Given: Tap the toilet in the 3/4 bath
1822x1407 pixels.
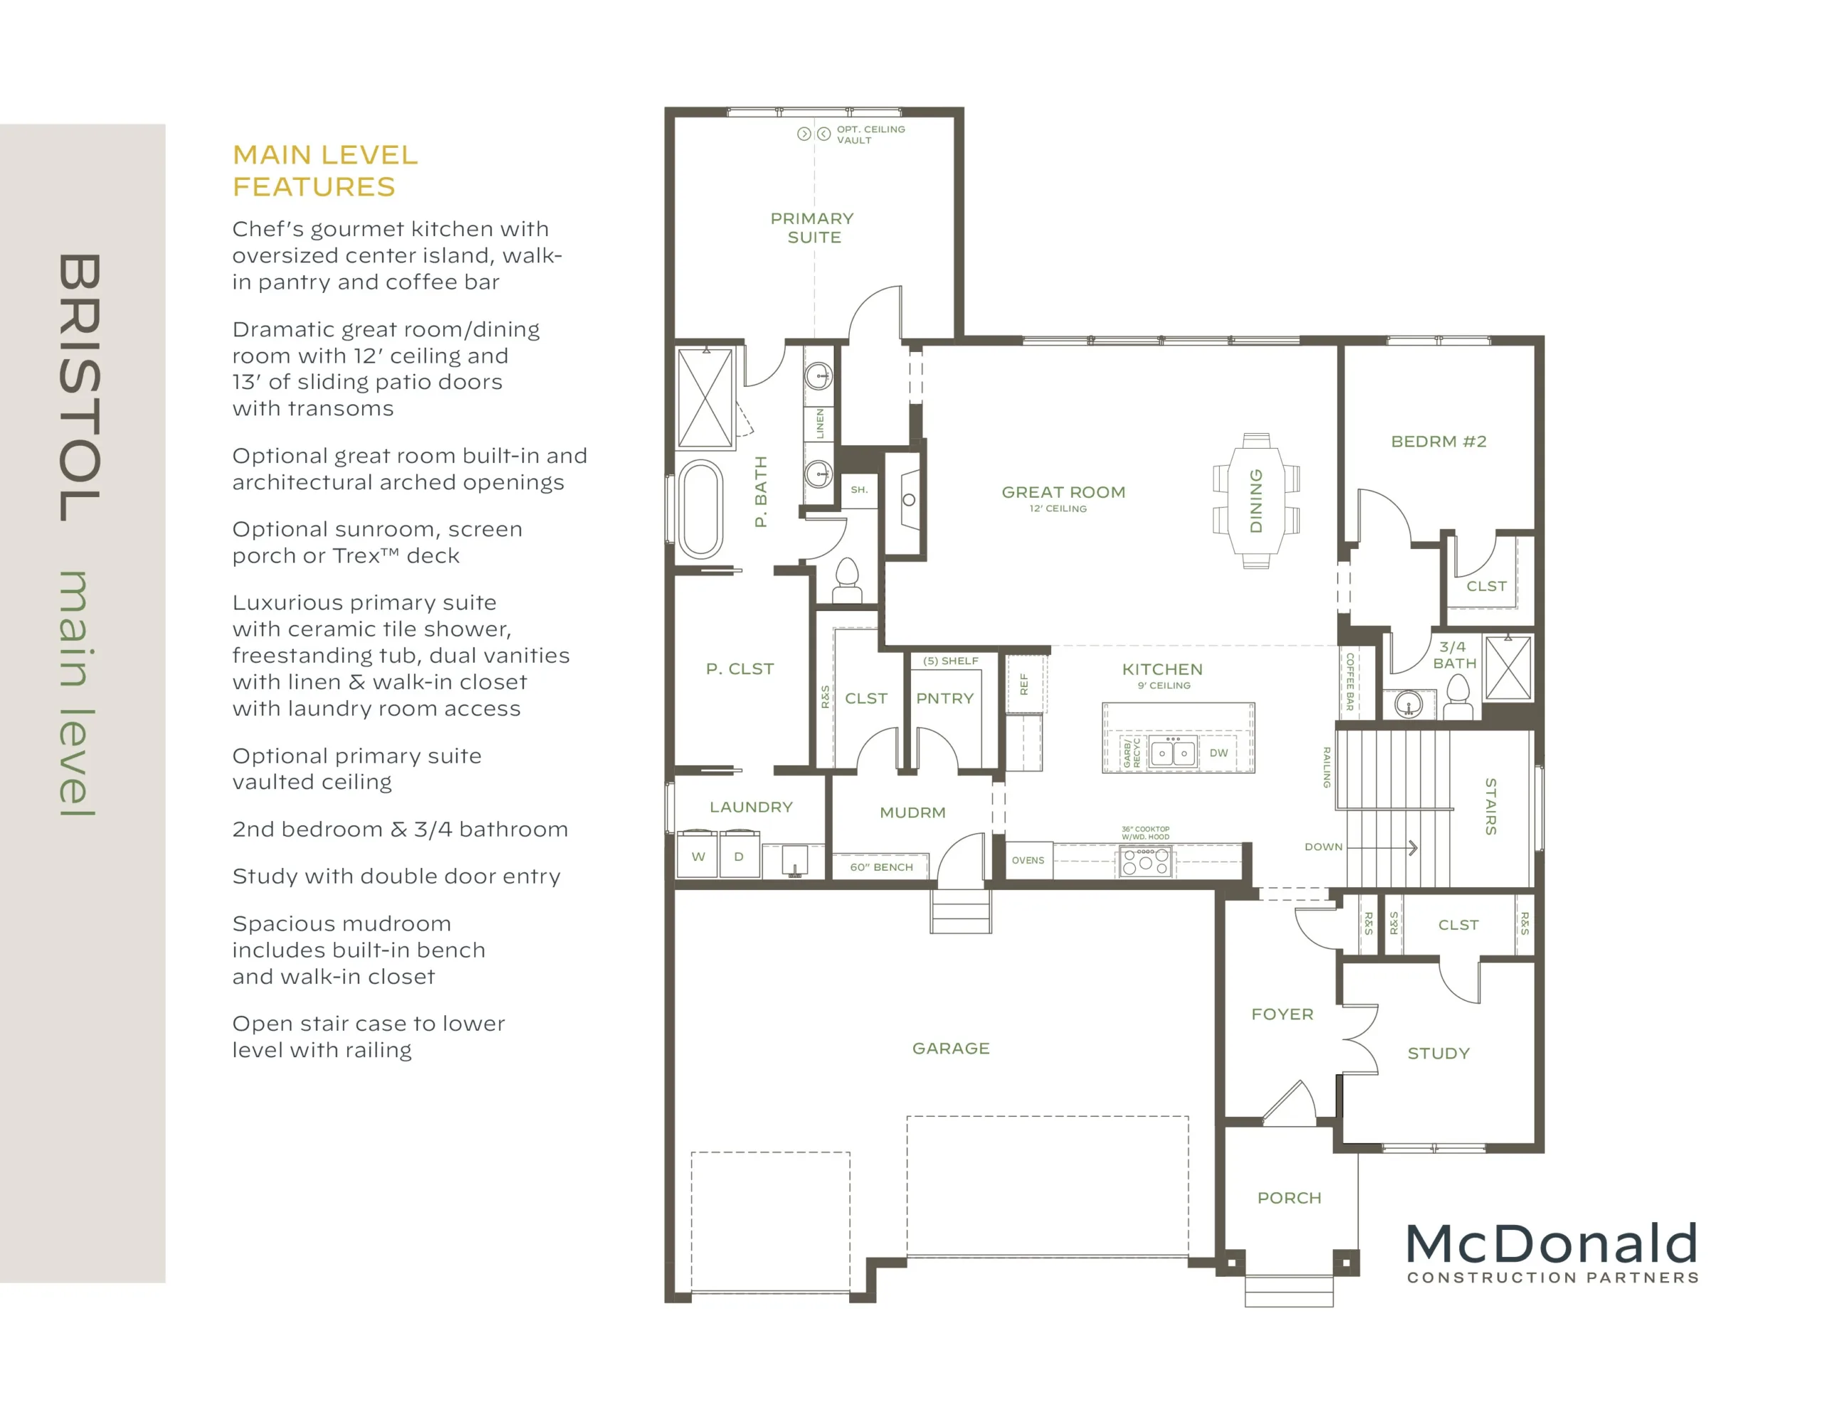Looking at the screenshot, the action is click(1458, 696).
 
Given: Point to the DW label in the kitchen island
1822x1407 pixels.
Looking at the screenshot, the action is click(1219, 753).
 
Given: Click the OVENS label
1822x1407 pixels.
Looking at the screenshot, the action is click(1028, 860).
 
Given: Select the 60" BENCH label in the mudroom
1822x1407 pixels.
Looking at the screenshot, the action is click(881, 866).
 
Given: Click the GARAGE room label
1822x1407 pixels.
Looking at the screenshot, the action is click(951, 1048).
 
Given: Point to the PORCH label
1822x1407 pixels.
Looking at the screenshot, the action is click(1289, 1198).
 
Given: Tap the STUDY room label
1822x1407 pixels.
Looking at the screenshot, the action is click(1438, 1053).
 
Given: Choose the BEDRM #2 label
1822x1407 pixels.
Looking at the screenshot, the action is click(1438, 441).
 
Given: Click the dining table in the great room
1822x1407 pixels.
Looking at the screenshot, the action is click(1255, 500).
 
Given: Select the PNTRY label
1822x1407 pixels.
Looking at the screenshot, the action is click(945, 698).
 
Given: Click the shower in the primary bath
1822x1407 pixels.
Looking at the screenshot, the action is click(706, 398).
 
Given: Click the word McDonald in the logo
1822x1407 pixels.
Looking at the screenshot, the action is click(1552, 1243).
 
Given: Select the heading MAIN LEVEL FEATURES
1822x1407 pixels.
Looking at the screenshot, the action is click(325, 170).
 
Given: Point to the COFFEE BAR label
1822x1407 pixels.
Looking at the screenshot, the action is click(1349, 681).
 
